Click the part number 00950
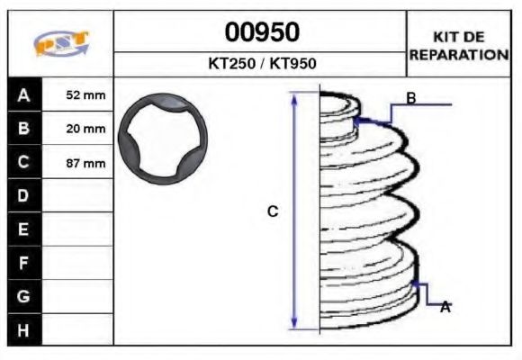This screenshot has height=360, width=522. [x=261, y=32]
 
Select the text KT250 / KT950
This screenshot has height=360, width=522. [x=261, y=64]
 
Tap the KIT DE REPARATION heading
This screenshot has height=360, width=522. [x=459, y=45]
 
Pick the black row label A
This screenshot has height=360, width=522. [x=23, y=94]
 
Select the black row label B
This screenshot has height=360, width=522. [x=23, y=129]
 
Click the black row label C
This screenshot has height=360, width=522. [x=23, y=162]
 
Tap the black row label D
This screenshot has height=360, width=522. [x=23, y=195]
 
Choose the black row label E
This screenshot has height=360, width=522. [x=23, y=229]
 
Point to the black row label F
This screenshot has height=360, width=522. [x=23, y=262]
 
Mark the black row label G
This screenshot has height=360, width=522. [x=23, y=295]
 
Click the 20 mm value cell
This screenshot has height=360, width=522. [x=85, y=129]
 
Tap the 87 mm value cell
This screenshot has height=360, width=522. [x=85, y=163]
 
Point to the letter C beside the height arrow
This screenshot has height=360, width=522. [x=273, y=211]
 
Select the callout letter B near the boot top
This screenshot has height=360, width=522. [x=410, y=98]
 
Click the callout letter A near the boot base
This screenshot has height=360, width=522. [x=445, y=307]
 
